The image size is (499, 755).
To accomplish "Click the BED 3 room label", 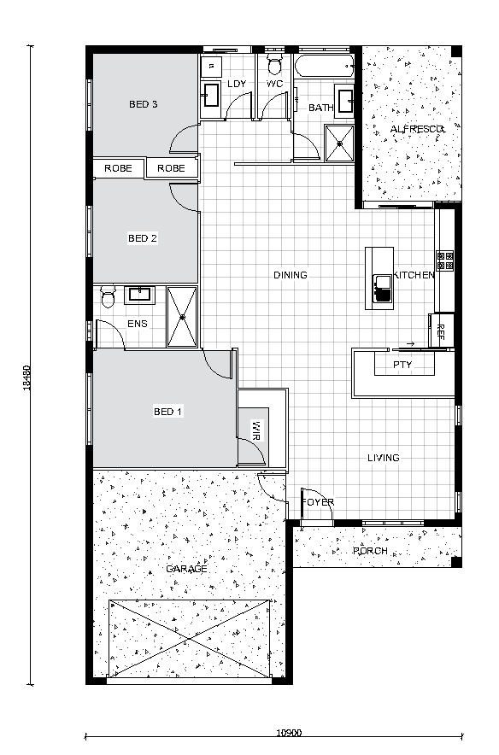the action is coord(143,104).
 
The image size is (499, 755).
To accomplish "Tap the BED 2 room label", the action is coord(142,238).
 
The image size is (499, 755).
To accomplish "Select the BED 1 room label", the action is coord(167,412).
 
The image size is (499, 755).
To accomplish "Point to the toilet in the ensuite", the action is coord(108,296).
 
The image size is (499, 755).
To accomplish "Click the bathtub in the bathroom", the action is coord(324,67).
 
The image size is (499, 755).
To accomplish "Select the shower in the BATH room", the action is coord(339,143).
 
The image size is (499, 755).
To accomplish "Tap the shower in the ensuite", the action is coord(182,317).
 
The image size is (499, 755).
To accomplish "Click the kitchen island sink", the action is coord(383,288).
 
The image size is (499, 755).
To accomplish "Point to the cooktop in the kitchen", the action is coord(445,260).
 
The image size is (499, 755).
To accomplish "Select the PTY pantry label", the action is coord(402,365).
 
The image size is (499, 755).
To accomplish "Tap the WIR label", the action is coord(255,431).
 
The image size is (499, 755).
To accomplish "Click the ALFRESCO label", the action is coord(417,129).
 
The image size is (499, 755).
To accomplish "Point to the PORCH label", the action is coord(370,551).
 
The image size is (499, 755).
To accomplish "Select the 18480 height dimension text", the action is coord(27,377).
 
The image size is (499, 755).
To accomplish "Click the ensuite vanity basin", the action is coord(139,295).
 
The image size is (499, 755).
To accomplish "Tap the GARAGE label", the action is coord(186,569).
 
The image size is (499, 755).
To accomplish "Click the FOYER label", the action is coord(318,502).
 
